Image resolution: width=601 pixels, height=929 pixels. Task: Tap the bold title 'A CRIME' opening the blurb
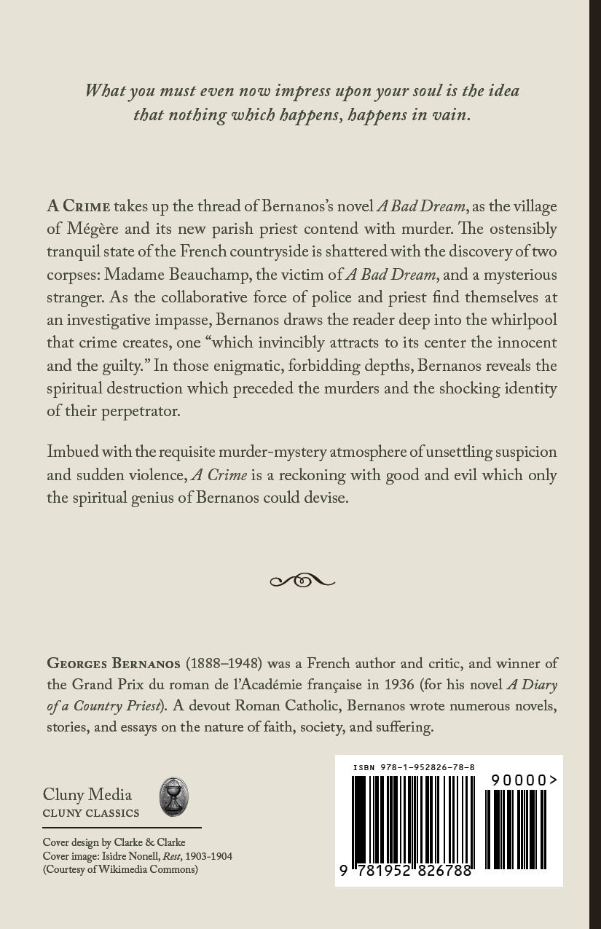(78, 205)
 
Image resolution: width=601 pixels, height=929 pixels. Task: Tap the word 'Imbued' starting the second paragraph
(70, 452)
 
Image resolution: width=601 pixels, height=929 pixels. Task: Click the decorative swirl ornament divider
(302, 581)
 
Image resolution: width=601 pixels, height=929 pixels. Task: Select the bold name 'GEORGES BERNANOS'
(114, 664)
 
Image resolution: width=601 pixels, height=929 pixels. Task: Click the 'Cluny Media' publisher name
(87, 794)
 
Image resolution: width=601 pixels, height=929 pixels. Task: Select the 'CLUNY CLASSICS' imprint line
(91, 813)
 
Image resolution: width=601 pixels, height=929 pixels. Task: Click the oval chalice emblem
(174, 797)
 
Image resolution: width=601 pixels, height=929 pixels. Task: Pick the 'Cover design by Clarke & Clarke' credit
(114, 843)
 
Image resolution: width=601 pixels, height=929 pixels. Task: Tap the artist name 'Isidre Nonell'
(138, 856)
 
